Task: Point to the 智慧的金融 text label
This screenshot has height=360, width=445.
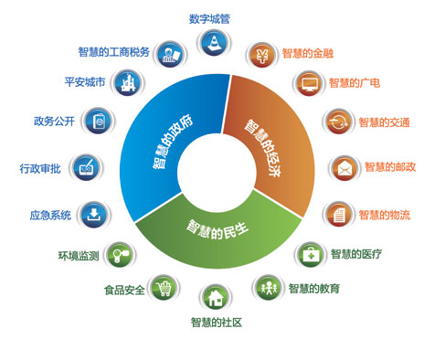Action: coord(307,54)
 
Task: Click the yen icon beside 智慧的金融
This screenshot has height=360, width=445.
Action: coord(263,54)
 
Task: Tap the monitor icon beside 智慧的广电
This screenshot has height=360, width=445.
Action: coord(309,84)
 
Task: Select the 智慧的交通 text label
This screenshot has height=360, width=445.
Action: coord(384,122)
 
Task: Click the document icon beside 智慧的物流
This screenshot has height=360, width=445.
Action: coord(338,215)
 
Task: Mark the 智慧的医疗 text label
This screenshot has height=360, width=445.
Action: coord(356,253)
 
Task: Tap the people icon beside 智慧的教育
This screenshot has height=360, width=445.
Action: coord(269,287)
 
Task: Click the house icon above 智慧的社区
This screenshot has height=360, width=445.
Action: coord(216,297)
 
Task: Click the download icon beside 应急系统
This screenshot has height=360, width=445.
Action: coord(94,215)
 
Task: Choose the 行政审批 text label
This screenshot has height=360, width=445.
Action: coord(41,168)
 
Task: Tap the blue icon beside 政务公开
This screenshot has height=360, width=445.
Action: coord(96,120)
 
